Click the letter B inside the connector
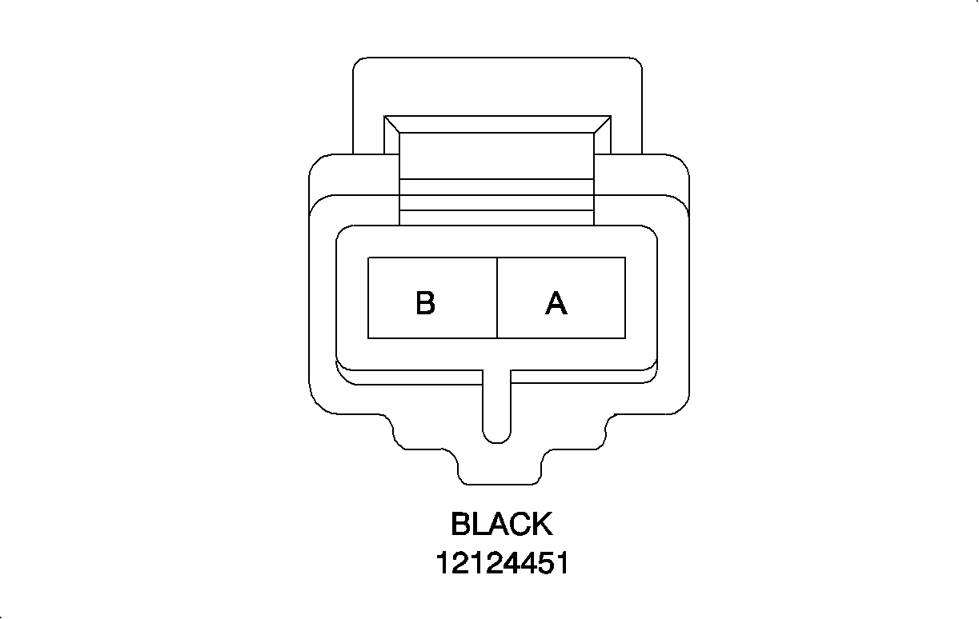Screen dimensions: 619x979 point(425,303)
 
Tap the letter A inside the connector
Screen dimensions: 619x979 point(556,303)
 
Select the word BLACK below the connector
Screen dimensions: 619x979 point(501,525)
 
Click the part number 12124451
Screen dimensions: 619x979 point(502,563)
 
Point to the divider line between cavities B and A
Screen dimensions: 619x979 point(497,298)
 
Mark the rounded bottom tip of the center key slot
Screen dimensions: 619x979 point(497,439)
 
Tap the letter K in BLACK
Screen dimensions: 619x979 point(540,525)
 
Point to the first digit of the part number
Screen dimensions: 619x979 point(443,563)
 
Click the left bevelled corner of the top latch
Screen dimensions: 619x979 point(391,125)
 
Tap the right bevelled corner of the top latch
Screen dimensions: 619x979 point(602,125)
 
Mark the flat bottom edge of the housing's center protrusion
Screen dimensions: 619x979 point(500,484)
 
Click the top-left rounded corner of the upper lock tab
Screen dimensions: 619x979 point(359,63)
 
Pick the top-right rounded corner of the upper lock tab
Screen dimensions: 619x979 point(636,63)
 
